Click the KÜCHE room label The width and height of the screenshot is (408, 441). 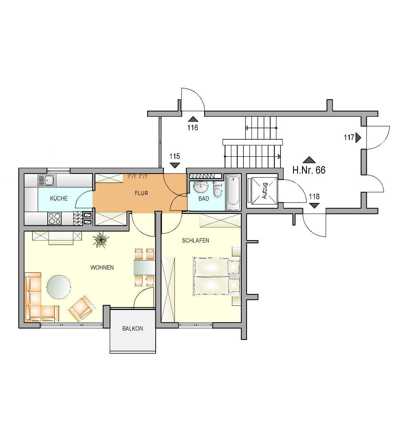click(59, 198)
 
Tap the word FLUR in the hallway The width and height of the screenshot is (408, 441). click(141, 193)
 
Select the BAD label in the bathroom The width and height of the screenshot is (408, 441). click(203, 198)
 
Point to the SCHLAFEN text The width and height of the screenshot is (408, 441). click(195, 241)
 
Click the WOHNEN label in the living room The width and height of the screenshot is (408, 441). click(102, 267)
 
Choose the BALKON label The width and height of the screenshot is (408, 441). click(132, 328)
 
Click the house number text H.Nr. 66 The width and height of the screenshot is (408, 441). click(309, 170)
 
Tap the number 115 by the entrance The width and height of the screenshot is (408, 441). click(175, 156)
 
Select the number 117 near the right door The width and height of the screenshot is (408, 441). click(349, 138)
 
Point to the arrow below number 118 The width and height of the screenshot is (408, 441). click(314, 205)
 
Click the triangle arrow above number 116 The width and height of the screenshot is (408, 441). click(193, 119)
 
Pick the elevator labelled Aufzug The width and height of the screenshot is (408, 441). click(262, 191)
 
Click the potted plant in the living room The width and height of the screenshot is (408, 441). click(101, 240)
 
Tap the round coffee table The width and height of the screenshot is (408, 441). click(59, 287)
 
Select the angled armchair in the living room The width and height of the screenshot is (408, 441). click(82, 309)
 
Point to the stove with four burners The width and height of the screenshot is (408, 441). click(55, 218)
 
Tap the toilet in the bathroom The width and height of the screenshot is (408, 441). click(217, 189)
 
